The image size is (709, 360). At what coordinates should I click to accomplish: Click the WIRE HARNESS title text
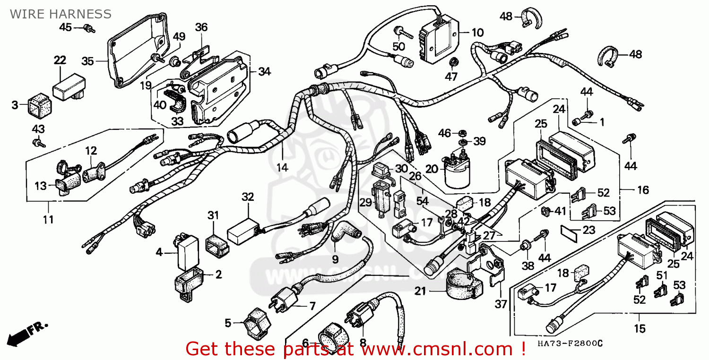[x=61, y=14]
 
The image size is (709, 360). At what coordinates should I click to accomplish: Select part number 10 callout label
[x=477, y=33]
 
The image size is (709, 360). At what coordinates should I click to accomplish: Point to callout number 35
[x=87, y=61]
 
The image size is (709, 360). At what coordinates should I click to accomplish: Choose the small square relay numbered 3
[x=40, y=106]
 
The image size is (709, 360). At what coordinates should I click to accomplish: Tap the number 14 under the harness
[x=282, y=167]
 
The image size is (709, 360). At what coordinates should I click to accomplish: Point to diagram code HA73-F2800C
[x=570, y=343]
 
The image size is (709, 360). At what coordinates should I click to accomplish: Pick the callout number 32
[x=248, y=197]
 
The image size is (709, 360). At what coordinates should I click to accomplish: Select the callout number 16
[x=643, y=190]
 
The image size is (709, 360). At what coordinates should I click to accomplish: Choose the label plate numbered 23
[x=569, y=233]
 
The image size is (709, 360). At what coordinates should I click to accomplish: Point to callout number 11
[x=48, y=219]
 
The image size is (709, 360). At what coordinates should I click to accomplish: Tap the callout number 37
[x=501, y=304]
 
